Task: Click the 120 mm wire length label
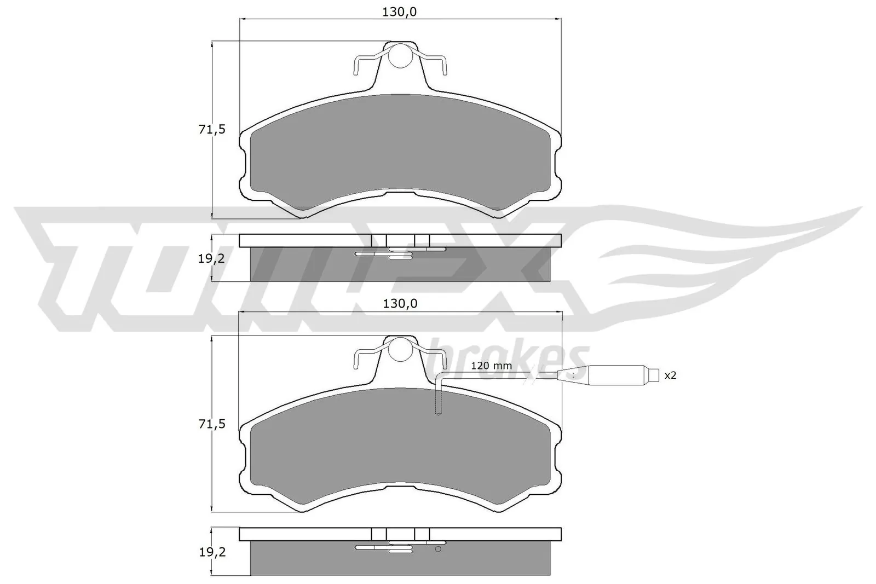coord(491,366)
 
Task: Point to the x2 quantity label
coord(670,375)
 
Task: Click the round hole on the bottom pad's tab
coord(401,349)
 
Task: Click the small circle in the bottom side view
coord(438,550)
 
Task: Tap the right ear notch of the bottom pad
coord(558,457)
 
